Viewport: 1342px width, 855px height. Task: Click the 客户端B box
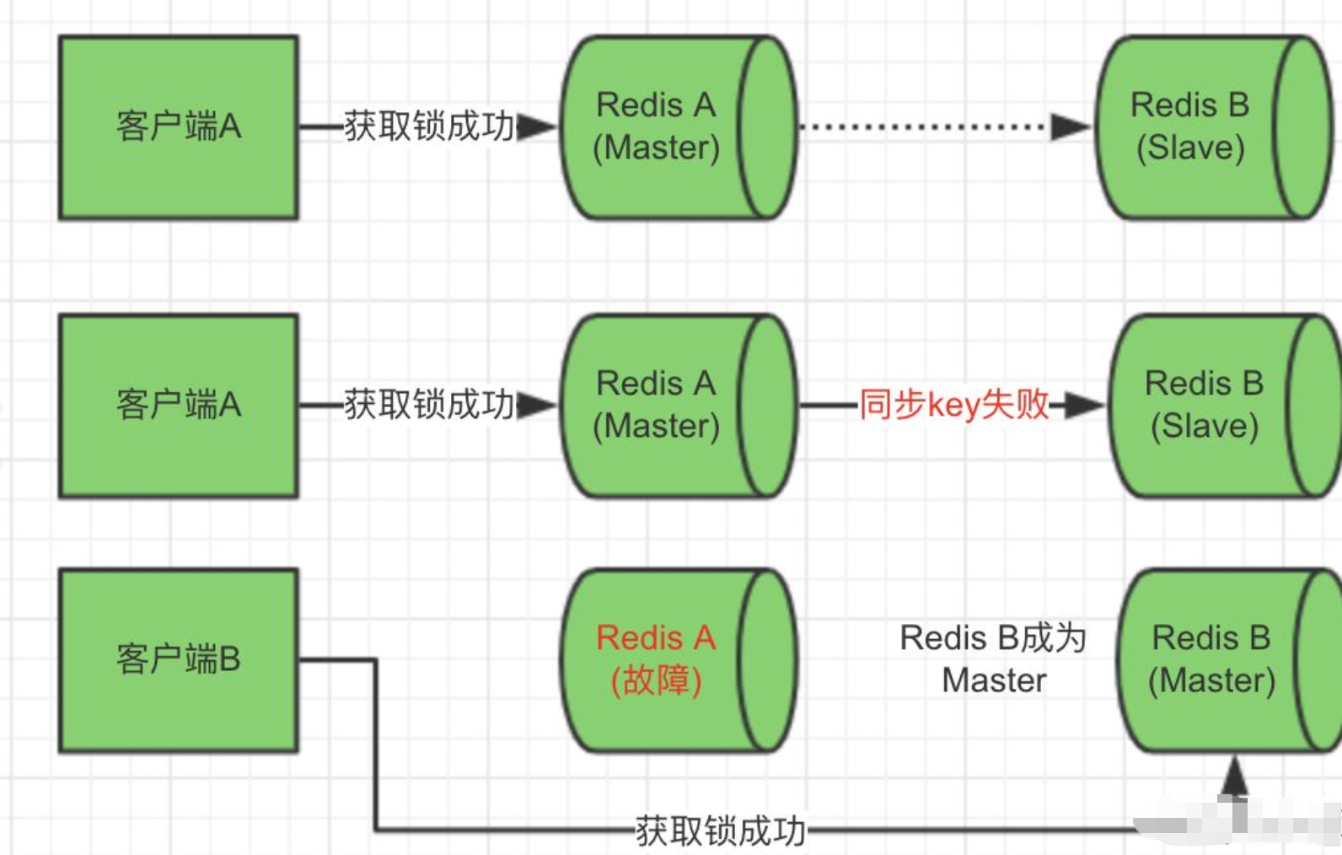pos(178,659)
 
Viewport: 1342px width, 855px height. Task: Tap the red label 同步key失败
pos(953,405)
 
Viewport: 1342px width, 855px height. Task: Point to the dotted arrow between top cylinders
pos(923,127)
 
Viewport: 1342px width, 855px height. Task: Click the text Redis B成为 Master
pos(994,659)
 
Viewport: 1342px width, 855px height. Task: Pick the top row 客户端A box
pos(178,127)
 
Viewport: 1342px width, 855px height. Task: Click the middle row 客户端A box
pos(178,406)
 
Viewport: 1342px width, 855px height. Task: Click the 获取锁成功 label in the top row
pos(428,127)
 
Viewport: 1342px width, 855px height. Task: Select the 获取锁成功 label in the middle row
pos(428,406)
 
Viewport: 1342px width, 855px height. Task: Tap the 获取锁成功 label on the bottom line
pos(720,831)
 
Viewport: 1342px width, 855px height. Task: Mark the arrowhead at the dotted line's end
pos(1070,127)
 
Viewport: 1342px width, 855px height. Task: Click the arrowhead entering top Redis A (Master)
pos(536,127)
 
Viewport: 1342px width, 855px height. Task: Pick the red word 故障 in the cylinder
pos(656,680)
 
